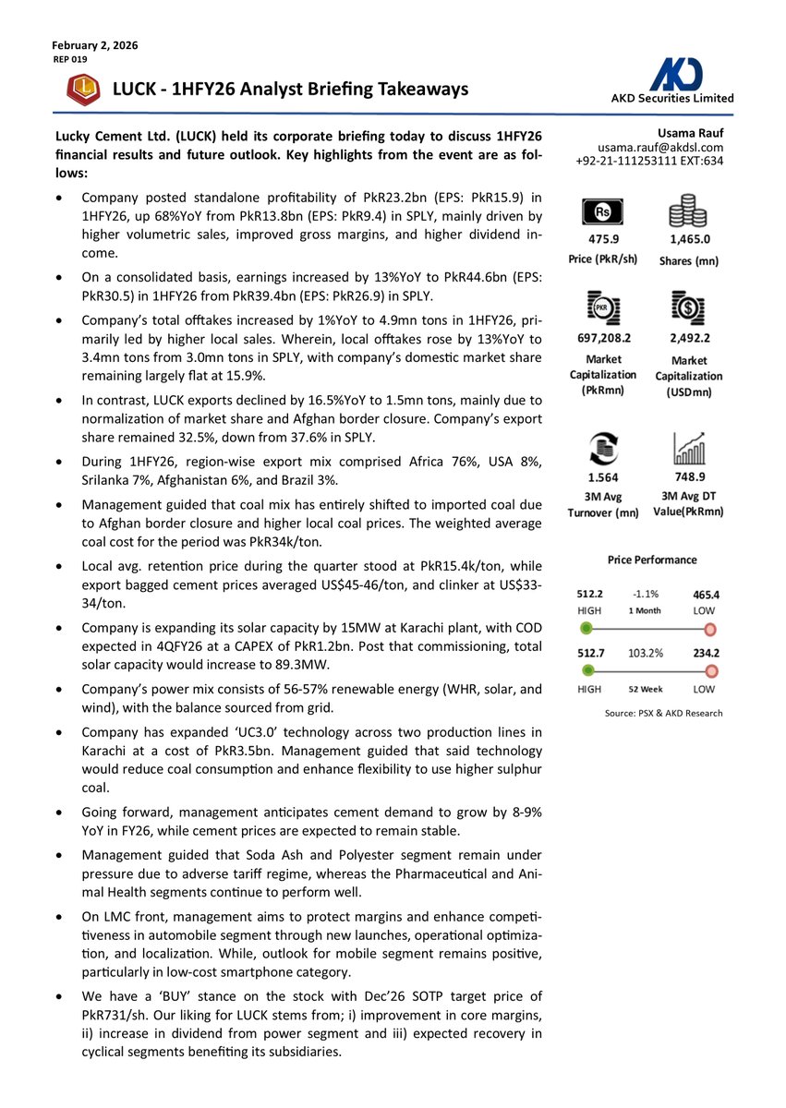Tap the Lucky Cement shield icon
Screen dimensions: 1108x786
point(84,90)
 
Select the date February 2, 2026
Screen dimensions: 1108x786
point(95,45)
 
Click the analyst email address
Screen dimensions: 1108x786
point(660,147)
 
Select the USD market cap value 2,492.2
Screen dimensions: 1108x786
point(689,339)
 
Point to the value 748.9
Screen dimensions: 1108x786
point(689,477)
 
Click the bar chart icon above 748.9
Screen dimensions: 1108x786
point(689,449)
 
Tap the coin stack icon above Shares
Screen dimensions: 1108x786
point(689,213)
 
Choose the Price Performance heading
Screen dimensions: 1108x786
point(652,560)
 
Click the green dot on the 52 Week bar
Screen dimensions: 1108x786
point(586,671)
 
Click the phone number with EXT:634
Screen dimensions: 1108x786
point(649,161)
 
